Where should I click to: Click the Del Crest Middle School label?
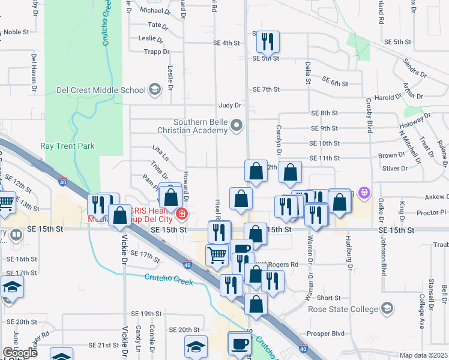point(101,90)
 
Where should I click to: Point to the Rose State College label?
point(342,309)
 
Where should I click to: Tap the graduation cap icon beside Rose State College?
point(387,309)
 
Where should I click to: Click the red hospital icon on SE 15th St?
point(181,213)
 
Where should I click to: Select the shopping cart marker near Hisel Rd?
point(217,255)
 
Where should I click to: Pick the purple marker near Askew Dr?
point(363,193)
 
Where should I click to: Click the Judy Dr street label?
point(229,105)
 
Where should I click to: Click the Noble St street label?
point(16,32)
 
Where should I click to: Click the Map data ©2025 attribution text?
point(423,355)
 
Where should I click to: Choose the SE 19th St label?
point(147,314)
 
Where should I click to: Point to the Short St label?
point(328,298)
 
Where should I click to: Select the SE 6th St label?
point(335,80)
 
